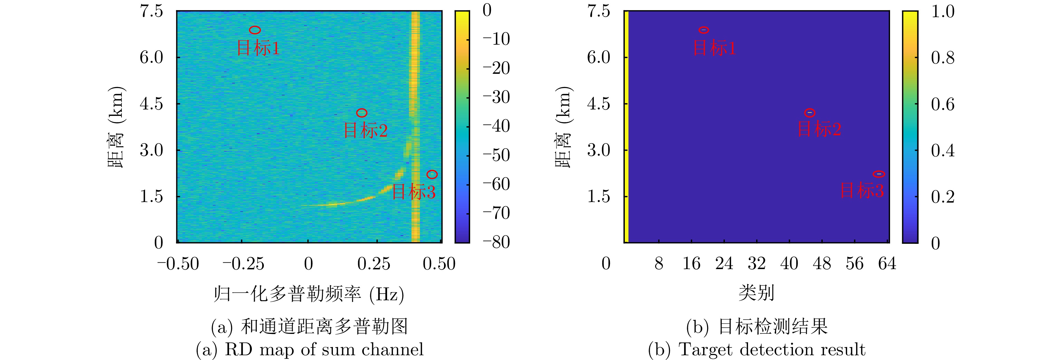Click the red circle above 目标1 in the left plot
click(x=255, y=30)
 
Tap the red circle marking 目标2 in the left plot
click(x=362, y=113)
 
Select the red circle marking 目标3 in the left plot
click(x=432, y=174)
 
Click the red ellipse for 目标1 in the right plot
click(x=703, y=30)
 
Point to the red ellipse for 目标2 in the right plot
click(x=810, y=113)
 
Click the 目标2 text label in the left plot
click(x=365, y=130)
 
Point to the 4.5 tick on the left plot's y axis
click(x=151, y=104)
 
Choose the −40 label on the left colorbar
click(x=496, y=126)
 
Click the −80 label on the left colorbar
click(x=496, y=242)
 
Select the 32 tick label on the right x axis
click(x=757, y=263)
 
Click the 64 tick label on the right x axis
click(x=887, y=263)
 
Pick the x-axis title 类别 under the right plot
click(x=756, y=293)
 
